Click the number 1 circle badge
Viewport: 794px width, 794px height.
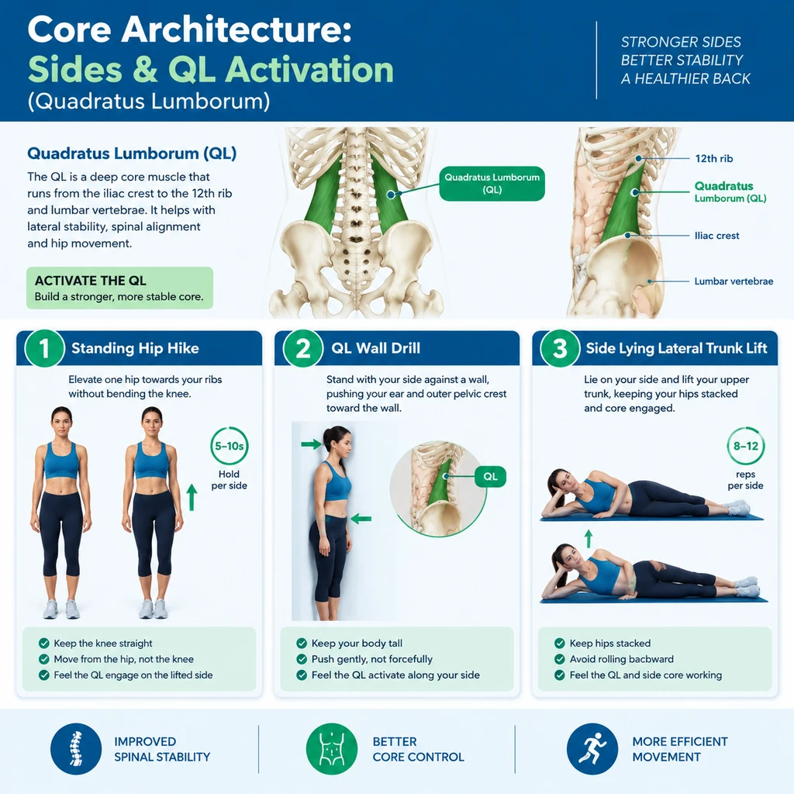[x=44, y=348]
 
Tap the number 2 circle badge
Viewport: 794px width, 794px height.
[x=303, y=348]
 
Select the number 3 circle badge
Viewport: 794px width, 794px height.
[x=560, y=348]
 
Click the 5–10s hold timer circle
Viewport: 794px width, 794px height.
[x=230, y=446]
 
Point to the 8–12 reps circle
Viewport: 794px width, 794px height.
[x=745, y=446]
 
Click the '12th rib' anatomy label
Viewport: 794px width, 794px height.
[x=714, y=158]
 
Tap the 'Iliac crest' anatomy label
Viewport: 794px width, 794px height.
[x=716, y=236]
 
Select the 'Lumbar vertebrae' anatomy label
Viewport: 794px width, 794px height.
[x=734, y=281]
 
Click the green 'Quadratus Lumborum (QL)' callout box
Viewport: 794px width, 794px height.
[x=492, y=183]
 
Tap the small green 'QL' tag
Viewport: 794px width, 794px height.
[x=490, y=477]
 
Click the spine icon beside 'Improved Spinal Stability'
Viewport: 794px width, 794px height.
[x=76, y=748]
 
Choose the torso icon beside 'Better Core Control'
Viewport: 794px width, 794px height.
[x=332, y=748]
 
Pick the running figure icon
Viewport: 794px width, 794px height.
[x=592, y=748]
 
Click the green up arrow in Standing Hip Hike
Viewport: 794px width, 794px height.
[x=192, y=497]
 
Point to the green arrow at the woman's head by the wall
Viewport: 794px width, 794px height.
[x=312, y=444]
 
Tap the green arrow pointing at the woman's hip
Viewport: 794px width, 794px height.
[x=361, y=519]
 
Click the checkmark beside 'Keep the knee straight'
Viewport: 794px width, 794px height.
[x=44, y=643]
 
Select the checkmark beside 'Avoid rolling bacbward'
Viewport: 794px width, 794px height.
[x=560, y=659]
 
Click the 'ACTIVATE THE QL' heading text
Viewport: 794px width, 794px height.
[x=91, y=281]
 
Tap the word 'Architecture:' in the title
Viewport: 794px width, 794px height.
[x=236, y=29]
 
